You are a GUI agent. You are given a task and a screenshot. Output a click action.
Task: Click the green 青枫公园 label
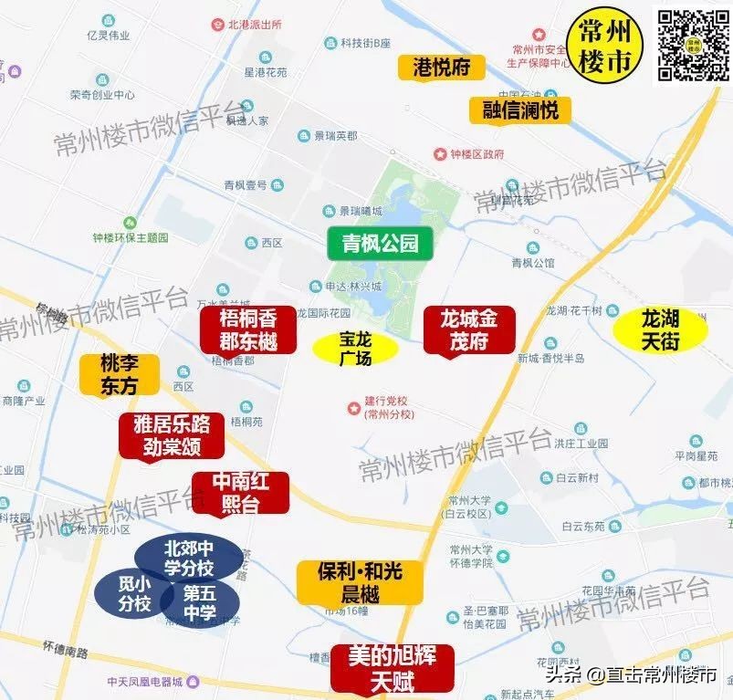pos(380,244)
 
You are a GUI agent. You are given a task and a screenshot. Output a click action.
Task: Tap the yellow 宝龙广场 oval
pos(355,348)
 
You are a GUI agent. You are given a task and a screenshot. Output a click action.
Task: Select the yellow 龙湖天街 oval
pos(660,330)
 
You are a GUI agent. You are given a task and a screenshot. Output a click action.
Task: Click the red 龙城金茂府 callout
pos(469,329)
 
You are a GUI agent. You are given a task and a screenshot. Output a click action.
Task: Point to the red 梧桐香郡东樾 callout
pos(248,329)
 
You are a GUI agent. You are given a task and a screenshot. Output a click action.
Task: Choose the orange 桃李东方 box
pos(120,374)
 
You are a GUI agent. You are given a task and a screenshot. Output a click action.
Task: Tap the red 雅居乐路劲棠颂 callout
pos(172,435)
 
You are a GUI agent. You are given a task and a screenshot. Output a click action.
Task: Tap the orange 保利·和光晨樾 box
pos(349,582)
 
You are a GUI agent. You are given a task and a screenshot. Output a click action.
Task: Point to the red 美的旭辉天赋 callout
pos(392,667)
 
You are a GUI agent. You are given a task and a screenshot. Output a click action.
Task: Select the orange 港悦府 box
pos(441,68)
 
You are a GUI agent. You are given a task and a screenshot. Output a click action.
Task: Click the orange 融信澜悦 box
pos(520,110)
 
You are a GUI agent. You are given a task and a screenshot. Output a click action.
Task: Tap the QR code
pos(692,43)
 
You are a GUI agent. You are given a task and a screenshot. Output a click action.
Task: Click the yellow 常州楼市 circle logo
pos(605,44)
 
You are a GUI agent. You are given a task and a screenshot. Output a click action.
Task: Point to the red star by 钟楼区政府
pos(441,154)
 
